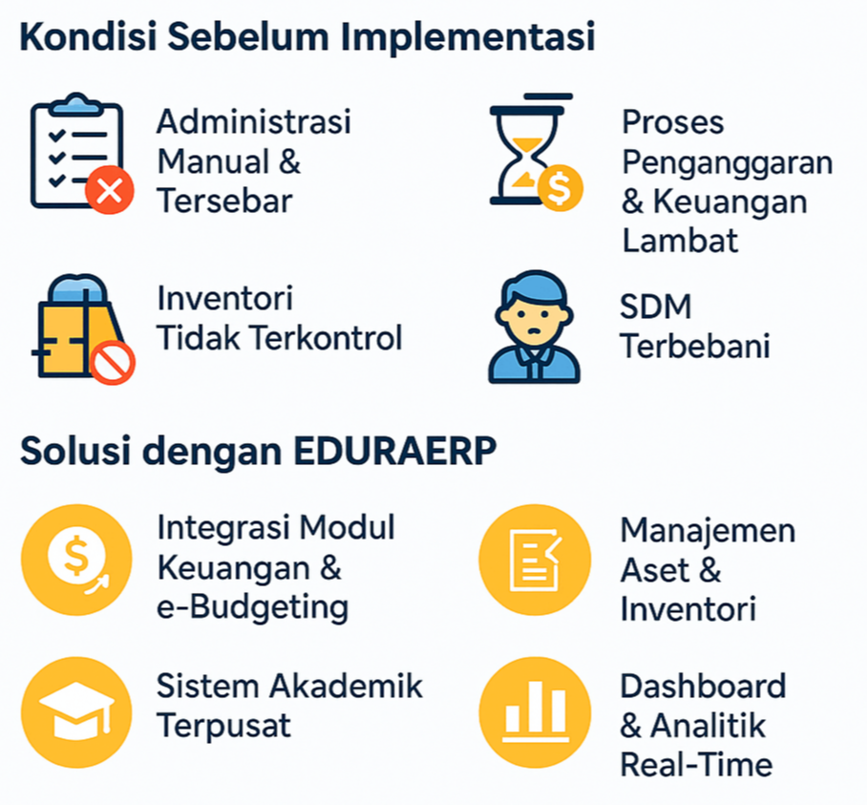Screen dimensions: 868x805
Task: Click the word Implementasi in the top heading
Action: point(468,37)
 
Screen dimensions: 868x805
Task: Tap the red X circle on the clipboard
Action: point(110,190)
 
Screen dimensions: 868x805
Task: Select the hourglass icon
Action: point(525,150)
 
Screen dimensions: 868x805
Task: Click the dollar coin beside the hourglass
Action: point(560,188)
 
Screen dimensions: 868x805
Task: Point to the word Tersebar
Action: point(224,201)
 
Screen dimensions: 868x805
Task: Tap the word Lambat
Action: point(680,241)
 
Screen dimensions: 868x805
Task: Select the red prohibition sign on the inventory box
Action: point(113,363)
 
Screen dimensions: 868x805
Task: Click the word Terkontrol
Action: point(327,338)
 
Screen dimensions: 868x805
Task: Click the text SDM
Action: point(656,307)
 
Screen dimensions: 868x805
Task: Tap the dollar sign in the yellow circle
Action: point(76,556)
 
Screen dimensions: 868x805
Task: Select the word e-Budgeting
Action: point(252,608)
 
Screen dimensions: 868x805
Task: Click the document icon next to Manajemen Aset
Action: point(534,561)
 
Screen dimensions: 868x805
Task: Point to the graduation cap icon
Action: point(76,710)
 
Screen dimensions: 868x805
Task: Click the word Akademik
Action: point(347,687)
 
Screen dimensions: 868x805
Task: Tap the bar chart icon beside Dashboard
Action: point(535,712)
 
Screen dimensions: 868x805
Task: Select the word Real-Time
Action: point(696,766)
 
